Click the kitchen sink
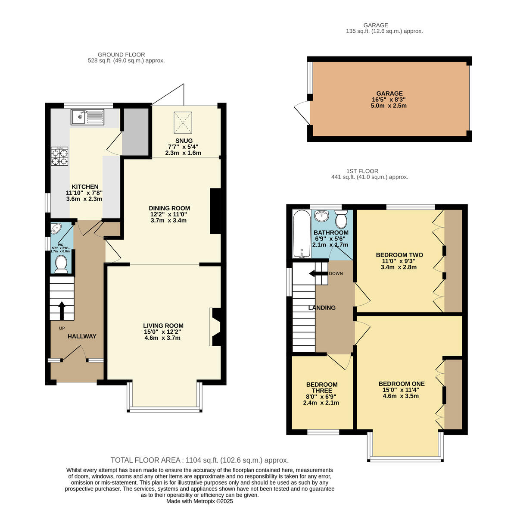(x=87, y=117)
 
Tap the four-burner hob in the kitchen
(x=59, y=156)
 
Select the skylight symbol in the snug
(x=183, y=123)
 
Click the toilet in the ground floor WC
(x=61, y=265)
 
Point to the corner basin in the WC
(x=56, y=228)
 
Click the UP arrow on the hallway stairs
(x=62, y=310)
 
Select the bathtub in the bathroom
(x=302, y=234)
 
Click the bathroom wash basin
(x=322, y=216)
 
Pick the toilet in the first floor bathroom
(x=341, y=219)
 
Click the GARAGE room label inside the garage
(x=389, y=94)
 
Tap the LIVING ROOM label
(x=163, y=325)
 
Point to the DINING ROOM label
(x=169, y=208)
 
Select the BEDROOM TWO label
(x=399, y=255)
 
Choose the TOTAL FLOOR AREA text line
(x=199, y=460)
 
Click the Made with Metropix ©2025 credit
(x=199, y=501)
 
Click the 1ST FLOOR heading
(x=362, y=171)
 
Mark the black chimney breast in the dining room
(x=215, y=211)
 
